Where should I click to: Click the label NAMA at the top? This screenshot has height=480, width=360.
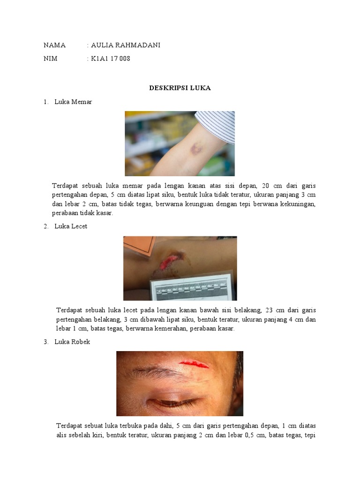[54, 45]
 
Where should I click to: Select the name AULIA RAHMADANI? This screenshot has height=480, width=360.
[125, 45]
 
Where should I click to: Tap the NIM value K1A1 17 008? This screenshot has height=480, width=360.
[110, 59]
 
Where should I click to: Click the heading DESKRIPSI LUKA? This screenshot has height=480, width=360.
[180, 88]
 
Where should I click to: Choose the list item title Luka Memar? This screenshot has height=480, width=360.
[73, 102]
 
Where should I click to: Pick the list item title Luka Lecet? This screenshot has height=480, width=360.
[70, 226]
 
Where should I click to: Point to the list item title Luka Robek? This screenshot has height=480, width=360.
[72, 342]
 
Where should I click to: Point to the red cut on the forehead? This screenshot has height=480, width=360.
[194, 363]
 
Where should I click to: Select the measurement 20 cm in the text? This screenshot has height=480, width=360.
[270, 186]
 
